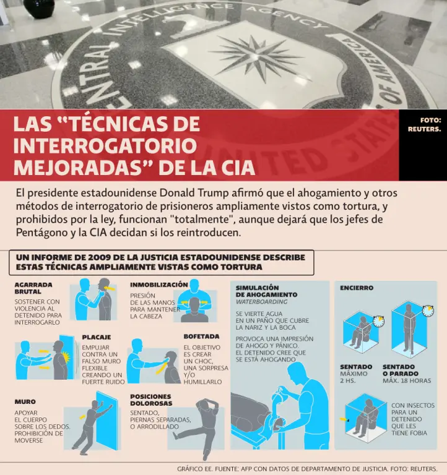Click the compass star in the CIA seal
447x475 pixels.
coord(254,58)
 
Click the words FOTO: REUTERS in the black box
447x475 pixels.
coord(424,124)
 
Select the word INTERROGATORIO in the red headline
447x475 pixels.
coord(105,145)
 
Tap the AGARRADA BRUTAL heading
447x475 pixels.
coord(33,288)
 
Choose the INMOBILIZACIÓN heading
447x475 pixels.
coord(159,285)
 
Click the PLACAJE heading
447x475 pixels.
coord(97,337)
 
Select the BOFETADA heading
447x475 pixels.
coord(201,336)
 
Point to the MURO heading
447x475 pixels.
coord(25,401)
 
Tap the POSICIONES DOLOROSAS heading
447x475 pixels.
coord(151,400)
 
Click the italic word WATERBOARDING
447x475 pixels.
coord(261,302)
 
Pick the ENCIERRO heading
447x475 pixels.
coord(357,288)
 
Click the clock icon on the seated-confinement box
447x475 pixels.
coord(378,321)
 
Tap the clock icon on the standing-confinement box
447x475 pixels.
coord(428,311)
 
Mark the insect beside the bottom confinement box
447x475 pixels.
coord(348,421)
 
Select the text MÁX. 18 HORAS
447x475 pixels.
coord(407,380)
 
